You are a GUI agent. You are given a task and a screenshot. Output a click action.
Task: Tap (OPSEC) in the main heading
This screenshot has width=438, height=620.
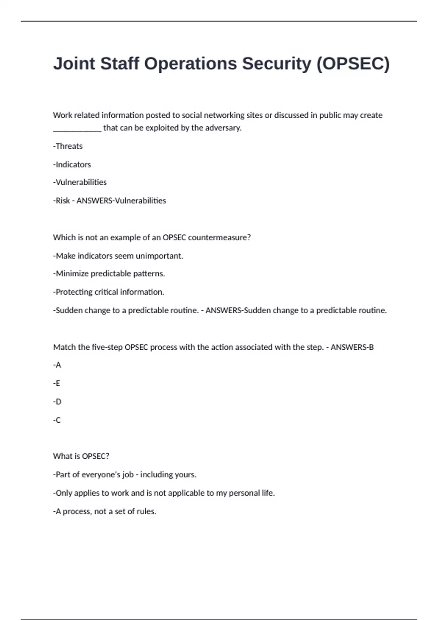(353, 63)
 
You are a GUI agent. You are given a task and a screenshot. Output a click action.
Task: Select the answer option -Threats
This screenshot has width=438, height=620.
(68, 146)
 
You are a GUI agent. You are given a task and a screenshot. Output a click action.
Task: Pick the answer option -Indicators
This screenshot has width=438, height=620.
(72, 164)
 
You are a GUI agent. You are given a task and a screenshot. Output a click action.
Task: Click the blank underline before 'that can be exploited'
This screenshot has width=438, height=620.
(77, 128)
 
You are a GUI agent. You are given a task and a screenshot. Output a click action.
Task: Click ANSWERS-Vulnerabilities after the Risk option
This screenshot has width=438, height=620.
(121, 201)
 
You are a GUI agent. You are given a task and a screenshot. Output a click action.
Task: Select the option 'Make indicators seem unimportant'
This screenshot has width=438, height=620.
(118, 256)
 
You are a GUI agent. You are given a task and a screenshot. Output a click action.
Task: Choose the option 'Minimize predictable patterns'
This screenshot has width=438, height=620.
(109, 274)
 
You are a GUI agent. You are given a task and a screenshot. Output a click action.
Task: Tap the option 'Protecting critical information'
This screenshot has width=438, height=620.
(108, 292)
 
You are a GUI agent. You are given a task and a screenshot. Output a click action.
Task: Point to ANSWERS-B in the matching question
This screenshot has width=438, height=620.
(352, 347)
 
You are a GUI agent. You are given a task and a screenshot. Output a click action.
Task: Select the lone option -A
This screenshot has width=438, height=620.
(57, 365)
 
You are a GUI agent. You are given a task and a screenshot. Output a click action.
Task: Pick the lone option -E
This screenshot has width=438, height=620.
(57, 383)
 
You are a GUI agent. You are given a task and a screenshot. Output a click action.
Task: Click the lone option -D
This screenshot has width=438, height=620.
(57, 402)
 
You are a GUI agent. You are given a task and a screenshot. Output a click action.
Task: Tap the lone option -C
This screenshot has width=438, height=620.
(57, 420)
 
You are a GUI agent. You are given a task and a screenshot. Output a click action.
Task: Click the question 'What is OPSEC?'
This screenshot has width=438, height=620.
(81, 456)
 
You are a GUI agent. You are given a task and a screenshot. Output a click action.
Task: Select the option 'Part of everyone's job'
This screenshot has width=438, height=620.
(124, 475)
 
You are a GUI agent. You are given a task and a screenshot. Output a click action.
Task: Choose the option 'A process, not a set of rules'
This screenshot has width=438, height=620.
(105, 511)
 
